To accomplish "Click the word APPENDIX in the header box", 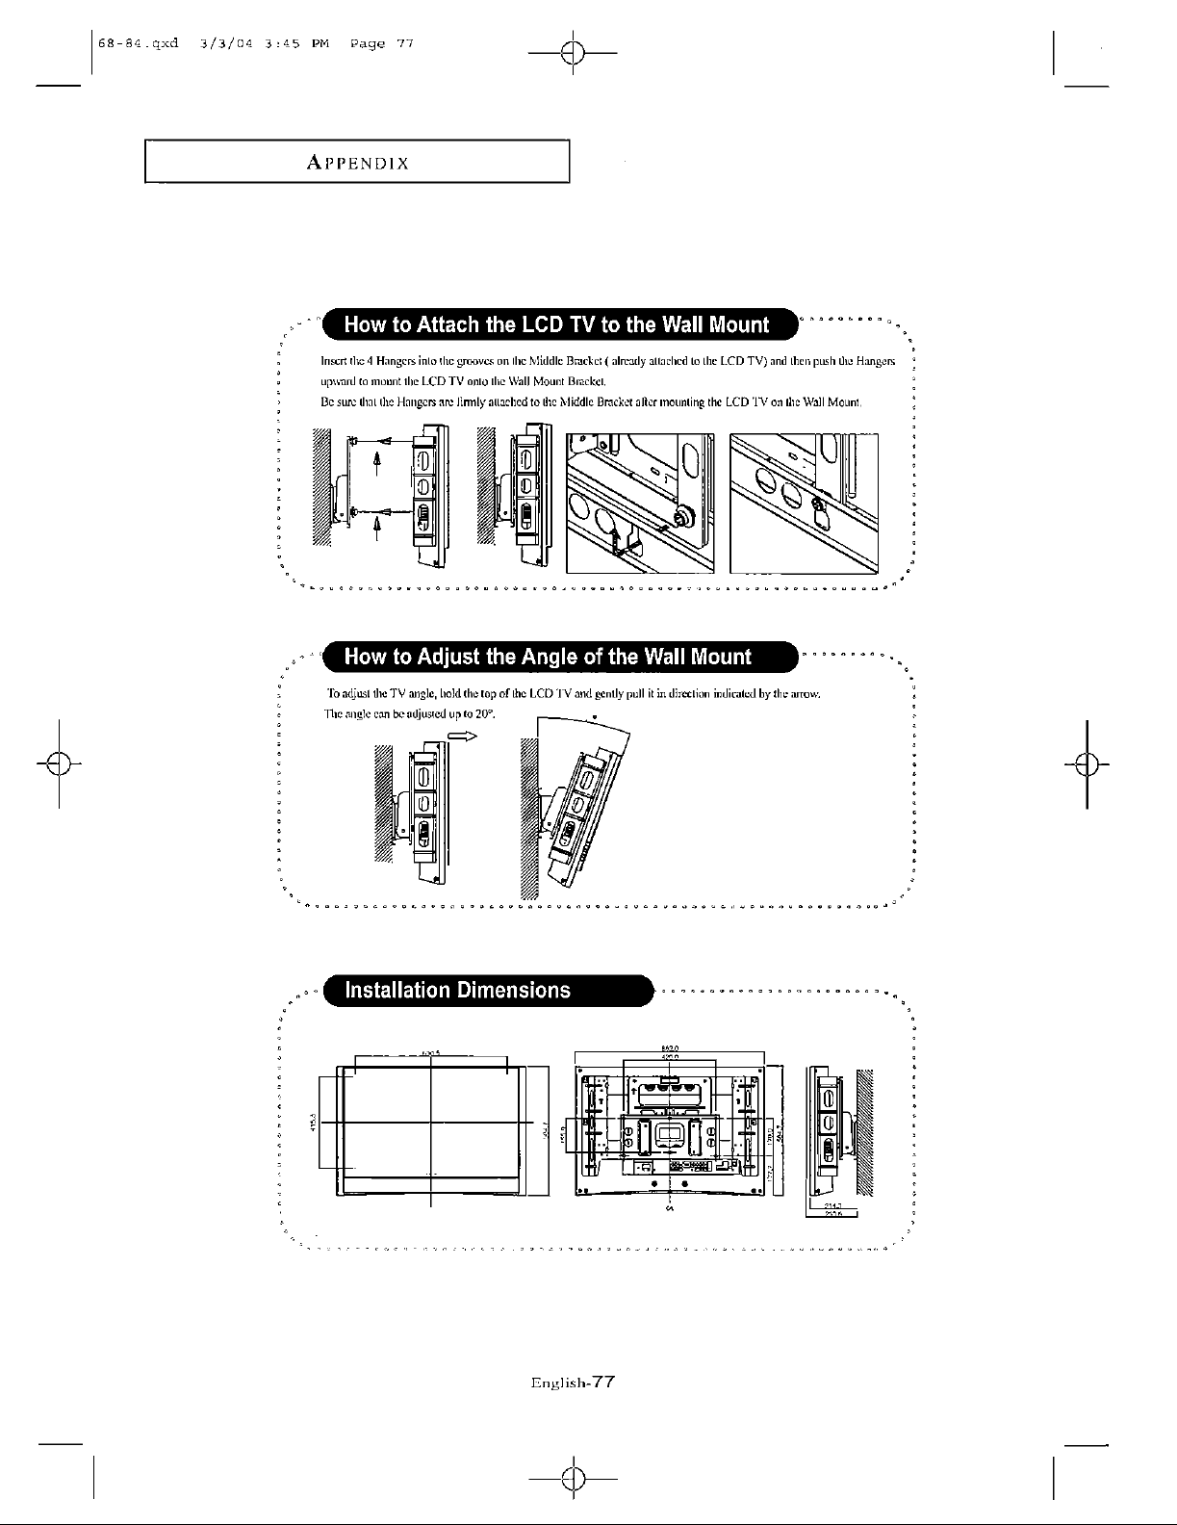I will click(357, 163).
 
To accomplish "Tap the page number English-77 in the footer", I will click(573, 1382).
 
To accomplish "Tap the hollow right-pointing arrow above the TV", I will click(462, 735).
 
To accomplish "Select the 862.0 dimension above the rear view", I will click(671, 1048).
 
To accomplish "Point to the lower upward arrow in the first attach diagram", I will click(377, 527).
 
